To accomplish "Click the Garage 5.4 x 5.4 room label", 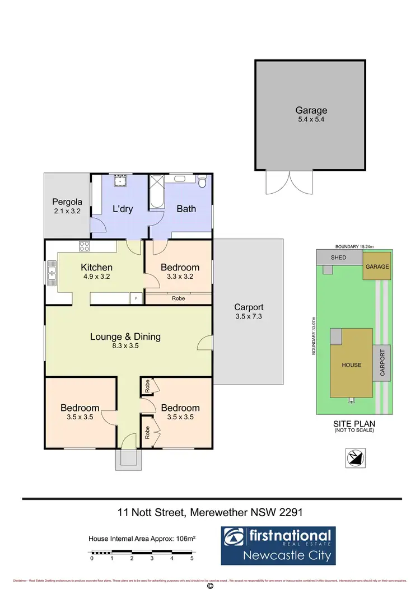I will coord(311,115).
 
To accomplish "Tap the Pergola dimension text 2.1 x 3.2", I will coord(67,212).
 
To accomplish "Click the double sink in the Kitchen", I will coord(52,273).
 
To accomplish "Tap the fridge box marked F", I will coord(135,298).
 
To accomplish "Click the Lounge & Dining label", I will coord(125,336).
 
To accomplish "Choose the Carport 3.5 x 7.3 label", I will coord(249,312).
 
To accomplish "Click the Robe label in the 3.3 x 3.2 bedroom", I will coord(178,298).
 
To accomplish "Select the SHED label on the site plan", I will coord(338,258).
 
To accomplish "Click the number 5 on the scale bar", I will coord(192,558).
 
